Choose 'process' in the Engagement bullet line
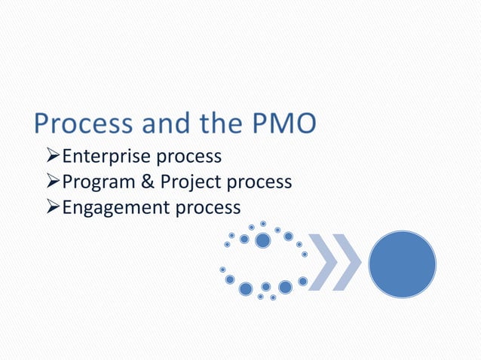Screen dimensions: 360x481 208,209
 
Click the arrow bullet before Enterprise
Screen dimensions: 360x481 52,157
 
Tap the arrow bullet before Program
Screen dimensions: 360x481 52,183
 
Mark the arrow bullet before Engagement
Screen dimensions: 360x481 52,208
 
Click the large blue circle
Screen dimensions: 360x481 402,263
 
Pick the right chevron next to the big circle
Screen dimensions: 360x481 348,263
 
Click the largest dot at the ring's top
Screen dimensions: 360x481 262,240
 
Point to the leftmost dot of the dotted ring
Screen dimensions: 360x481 222,269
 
